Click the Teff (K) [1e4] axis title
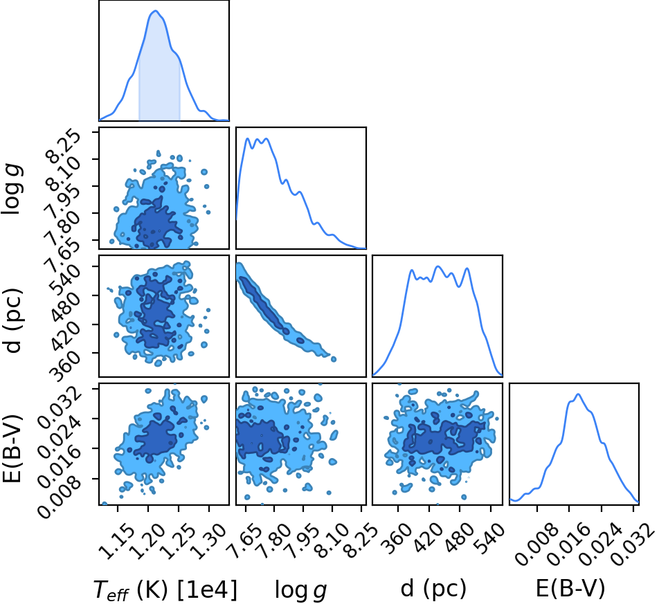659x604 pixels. (x=165, y=589)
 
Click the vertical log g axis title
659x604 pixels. (x=12, y=190)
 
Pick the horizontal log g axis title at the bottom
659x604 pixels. (x=300, y=590)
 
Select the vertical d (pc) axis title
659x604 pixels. (x=12, y=320)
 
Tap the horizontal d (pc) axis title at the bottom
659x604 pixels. (x=433, y=589)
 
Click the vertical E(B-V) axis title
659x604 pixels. (x=12, y=448)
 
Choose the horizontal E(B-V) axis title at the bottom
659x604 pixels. (x=570, y=589)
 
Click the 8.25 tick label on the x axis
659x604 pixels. (x=360, y=542)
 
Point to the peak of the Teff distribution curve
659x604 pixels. (x=155, y=11)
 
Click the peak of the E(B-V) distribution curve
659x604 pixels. (x=578, y=394)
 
